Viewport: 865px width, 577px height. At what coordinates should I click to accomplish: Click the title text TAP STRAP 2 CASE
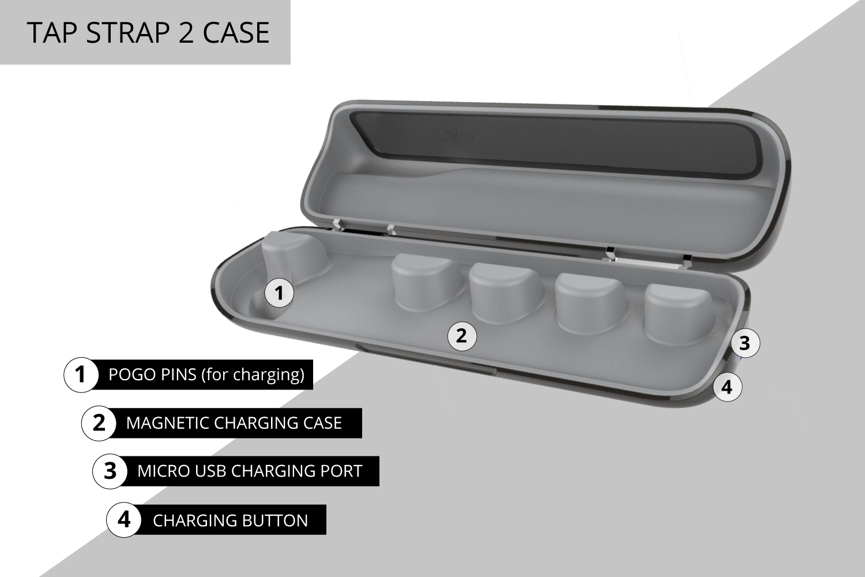click(x=148, y=32)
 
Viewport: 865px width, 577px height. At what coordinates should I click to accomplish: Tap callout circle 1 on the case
click(x=279, y=293)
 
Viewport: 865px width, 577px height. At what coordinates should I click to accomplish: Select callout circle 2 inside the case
click(x=462, y=335)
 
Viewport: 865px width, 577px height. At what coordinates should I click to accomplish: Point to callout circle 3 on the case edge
click(x=744, y=343)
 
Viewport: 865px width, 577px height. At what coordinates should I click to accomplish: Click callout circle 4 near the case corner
click(x=727, y=387)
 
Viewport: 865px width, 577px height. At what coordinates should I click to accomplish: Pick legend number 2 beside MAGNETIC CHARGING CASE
click(x=99, y=423)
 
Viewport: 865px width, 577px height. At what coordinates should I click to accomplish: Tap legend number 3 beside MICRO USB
click(x=110, y=471)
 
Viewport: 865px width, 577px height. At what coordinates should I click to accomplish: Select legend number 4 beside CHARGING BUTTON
click(x=124, y=520)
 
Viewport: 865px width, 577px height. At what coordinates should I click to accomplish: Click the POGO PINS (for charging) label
click(x=206, y=375)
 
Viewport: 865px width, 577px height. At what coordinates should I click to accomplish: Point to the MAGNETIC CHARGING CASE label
click(x=234, y=423)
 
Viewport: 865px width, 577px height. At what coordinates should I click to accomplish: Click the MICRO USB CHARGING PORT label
click(x=250, y=471)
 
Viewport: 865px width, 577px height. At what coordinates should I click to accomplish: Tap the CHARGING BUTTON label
click(x=231, y=520)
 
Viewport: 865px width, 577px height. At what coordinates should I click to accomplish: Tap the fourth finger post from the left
click(x=589, y=300)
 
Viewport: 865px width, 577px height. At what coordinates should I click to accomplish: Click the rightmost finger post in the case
click(x=675, y=312)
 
